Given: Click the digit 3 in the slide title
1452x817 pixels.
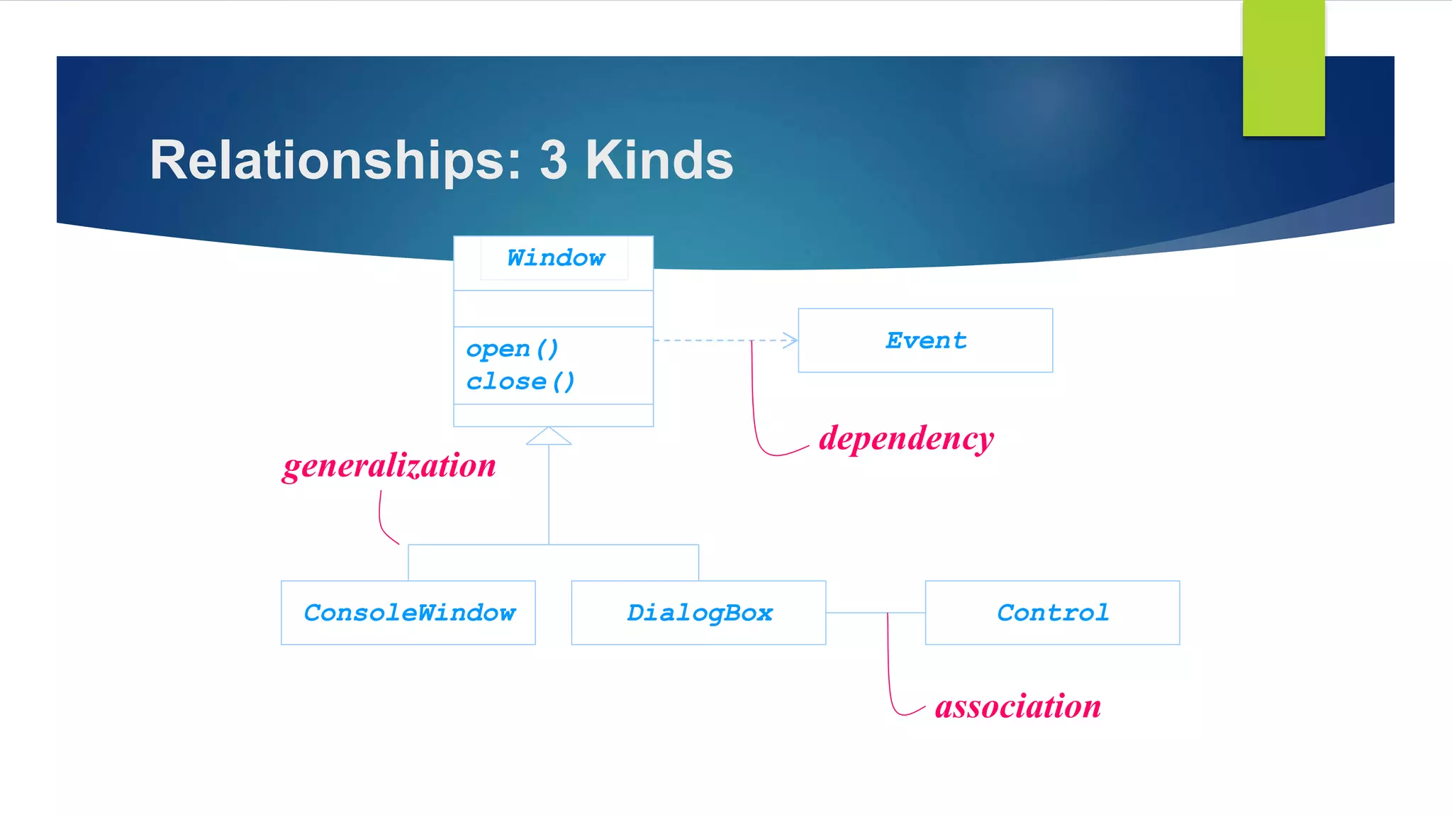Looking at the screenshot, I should pos(553,160).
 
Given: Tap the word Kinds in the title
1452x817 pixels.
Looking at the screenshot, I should pos(659,160).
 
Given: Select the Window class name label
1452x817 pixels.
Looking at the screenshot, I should pos(556,258).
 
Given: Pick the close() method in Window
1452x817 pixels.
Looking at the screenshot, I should pos(520,382).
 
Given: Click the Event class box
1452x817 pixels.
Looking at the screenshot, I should pos(925,340).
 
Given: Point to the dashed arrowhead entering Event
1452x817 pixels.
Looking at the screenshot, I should pos(790,340).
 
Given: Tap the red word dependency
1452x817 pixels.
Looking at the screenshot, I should pos(906,438).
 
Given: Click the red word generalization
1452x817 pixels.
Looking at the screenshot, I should pos(389,466).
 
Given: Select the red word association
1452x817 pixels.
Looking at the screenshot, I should pos(1017,706).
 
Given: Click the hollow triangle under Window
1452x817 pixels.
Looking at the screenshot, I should pos(549,437).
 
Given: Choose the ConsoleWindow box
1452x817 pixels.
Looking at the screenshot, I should pos(408,613).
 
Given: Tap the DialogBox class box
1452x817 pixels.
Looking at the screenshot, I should pos(698,613).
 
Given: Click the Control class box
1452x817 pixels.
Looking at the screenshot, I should pos(1052,613).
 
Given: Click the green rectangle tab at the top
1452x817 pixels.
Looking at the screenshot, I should pos(1283,68).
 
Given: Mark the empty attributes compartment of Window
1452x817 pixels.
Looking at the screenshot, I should pos(553,309).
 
